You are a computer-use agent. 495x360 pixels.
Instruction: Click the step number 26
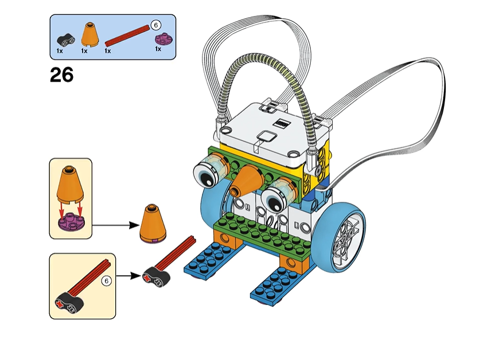[62, 75]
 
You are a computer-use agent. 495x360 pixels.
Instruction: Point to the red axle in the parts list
[127, 38]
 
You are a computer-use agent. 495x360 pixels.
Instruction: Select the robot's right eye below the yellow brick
[275, 195]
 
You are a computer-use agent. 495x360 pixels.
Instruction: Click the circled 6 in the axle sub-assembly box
[106, 281]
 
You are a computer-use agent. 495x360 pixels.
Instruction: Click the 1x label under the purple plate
[158, 49]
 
